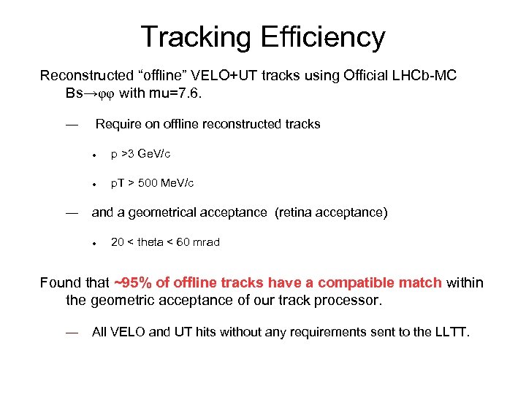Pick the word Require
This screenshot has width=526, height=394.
(119, 124)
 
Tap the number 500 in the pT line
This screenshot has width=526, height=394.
(148, 183)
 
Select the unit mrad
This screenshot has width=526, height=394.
(205, 242)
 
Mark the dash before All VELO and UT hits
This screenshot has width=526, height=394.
(72, 332)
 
